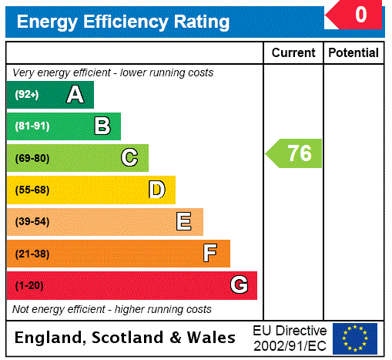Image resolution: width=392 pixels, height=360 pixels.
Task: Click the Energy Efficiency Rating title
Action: tap(123, 22)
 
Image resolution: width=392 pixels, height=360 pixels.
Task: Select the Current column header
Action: tap(293, 53)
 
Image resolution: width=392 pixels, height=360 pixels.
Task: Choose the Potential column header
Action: tap(353, 53)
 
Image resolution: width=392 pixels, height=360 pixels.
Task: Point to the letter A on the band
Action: tap(75, 95)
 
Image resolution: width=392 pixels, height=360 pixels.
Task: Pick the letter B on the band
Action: tap(102, 126)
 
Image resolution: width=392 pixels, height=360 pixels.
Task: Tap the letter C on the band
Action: tap(129, 158)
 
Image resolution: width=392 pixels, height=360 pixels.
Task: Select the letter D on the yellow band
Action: tap(156, 190)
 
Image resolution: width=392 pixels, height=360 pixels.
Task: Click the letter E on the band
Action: tap(184, 222)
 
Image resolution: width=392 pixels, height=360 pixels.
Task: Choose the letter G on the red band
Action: tap(239, 286)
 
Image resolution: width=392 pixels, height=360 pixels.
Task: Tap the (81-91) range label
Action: tap(32, 126)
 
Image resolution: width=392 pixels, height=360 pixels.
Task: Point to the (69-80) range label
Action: tap(32, 158)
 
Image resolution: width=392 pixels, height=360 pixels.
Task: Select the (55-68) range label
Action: tap(32, 190)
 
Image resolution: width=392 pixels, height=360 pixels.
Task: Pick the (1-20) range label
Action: tap(29, 286)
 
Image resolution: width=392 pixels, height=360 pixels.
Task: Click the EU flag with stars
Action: tap(355, 338)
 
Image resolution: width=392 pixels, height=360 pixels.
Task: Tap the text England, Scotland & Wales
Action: tap(126, 338)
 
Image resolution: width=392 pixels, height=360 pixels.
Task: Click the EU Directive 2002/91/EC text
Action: tap(290, 338)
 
